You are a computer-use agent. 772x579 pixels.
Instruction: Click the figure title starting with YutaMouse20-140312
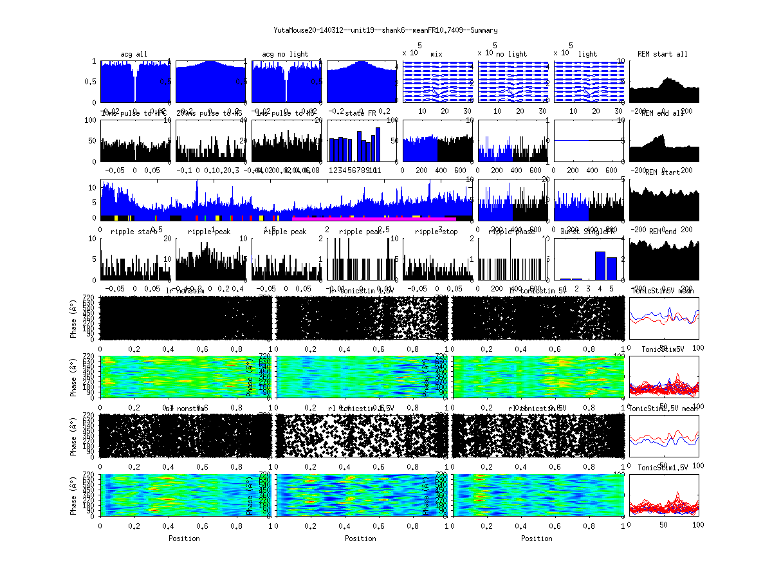coord(385,30)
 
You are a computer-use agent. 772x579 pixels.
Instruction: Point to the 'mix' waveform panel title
coord(437,54)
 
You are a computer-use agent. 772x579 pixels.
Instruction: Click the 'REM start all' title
coord(663,54)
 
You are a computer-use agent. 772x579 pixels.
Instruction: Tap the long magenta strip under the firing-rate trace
coord(373,218)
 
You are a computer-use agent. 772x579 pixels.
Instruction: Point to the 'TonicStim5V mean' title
coord(663,291)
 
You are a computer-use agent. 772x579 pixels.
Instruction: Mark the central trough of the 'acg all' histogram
coord(134,90)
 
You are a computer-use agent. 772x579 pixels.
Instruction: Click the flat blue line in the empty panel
coord(589,140)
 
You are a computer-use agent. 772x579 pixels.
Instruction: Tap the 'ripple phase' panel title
coord(512,232)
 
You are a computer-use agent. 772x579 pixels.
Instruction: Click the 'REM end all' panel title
coord(663,113)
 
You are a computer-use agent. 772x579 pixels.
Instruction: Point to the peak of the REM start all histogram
coord(669,78)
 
